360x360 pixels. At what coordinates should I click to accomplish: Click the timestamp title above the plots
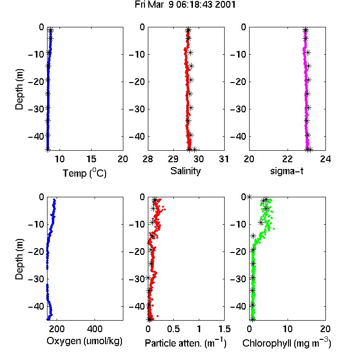pos(185,5)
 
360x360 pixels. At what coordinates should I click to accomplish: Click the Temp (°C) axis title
pos(84,173)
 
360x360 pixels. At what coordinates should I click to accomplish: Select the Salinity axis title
pos(185,171)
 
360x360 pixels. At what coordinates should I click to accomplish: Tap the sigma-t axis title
pos(287,171)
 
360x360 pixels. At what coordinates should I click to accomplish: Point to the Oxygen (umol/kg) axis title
pos(84,341)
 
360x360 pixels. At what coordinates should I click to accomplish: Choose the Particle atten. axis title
pos(186,343)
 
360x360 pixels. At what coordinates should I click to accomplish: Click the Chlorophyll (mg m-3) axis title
pos(287,343)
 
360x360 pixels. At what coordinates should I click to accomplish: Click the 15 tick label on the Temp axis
pos(91,159)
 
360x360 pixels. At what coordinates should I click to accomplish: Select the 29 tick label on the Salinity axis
pos(173,159)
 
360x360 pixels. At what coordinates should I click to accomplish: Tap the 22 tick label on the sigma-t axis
pos(287,159)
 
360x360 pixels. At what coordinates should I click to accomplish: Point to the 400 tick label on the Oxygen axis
pos(95,329)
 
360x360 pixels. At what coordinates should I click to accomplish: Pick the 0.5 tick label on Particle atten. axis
pos(173,329)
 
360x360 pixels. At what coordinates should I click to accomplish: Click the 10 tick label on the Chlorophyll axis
pos(287,329)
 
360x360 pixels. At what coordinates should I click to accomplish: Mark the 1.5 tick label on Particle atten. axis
pos(225,329)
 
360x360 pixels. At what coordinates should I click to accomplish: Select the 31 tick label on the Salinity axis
pos(224,159)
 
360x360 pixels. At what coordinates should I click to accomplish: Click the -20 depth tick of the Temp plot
pos(36,82)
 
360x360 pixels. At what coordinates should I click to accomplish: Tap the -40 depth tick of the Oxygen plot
pos(36,306)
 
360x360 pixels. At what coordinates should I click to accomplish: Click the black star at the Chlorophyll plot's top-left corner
pos(249,197)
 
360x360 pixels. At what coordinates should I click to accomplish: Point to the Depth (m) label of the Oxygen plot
pos(19,259)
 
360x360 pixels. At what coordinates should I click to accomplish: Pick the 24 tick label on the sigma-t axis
pos(325,159)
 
